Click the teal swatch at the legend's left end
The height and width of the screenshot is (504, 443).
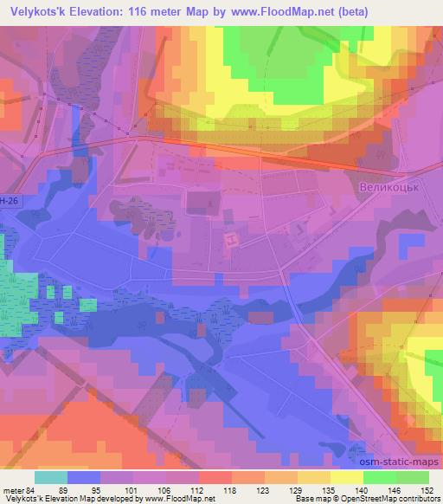(50, 476)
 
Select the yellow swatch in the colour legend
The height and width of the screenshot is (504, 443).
(347, 476)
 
